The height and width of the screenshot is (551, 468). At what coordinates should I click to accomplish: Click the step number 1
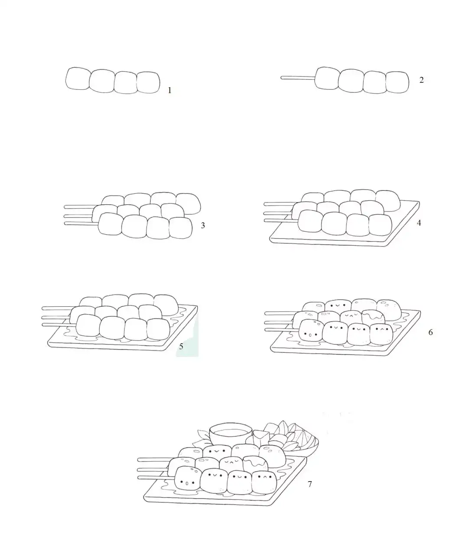(x=169, y=90)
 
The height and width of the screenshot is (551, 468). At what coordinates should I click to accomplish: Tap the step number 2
(x=421, y=80)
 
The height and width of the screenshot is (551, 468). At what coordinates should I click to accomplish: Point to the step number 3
(x=203, y=226)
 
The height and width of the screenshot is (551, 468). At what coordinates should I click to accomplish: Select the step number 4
(x=419, y=223)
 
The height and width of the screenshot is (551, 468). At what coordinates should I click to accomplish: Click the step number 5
(x=181, y=346)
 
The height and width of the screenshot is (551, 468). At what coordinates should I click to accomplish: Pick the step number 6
(x=430, y=332)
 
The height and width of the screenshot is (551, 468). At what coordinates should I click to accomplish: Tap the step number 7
(x=309, y=484)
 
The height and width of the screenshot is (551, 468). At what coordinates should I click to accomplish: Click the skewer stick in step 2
(x=298, y=78)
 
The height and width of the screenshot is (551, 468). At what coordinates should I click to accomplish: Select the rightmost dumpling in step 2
(x=397, y=82)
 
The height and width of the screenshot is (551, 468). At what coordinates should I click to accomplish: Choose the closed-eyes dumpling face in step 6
(x=351, y=316)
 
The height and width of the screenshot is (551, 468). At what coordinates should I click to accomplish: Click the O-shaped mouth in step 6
(x=310, y=335)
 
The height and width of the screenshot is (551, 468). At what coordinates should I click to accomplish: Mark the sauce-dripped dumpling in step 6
(x=374, y=317)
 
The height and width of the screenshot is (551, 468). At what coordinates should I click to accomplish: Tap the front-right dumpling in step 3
(x=181, y=228)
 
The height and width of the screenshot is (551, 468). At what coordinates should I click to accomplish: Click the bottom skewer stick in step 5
(x=59, y=325)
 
